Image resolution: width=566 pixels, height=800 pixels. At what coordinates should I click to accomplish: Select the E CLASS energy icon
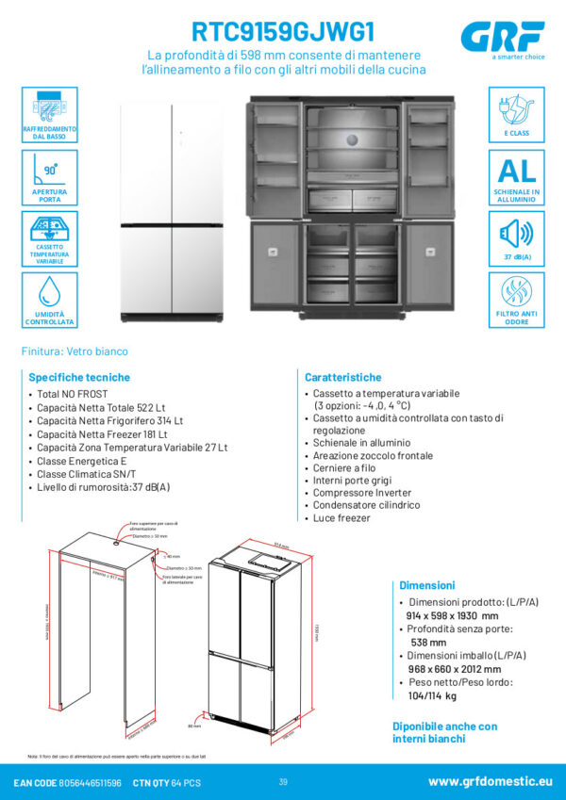coord(516,114)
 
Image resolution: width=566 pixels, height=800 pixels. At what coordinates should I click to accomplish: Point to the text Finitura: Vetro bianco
coord(75,351)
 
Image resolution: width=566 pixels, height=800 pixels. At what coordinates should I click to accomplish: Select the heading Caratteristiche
coord(342,376)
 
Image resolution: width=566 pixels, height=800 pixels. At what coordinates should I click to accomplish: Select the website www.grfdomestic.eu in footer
coord(491,781)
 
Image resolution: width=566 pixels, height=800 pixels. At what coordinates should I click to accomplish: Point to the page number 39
coord(283,781)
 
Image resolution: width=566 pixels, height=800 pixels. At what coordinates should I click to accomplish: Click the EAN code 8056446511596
coord(90,782)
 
